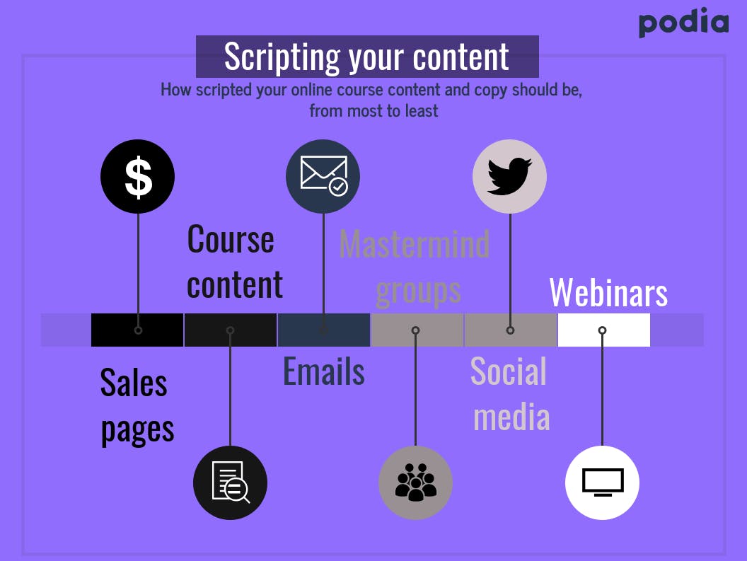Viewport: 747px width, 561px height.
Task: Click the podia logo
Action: tap(683, 23)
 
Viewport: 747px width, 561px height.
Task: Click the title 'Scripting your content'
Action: tap(367, 57)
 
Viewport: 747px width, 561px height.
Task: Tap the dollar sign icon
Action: tap(138, 177)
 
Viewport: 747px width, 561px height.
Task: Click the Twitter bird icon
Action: tap(509, 176)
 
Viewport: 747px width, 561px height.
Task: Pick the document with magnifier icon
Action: tap(231, 482)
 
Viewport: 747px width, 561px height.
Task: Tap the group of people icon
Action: tap(416, 482)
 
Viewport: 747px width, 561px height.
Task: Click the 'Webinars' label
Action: tap(608, 292)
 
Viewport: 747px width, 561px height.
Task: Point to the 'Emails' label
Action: tap(324, 371)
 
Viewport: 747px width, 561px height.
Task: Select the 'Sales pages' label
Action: tap(137, 406)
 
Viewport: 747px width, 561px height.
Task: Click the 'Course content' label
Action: tap(235, 262)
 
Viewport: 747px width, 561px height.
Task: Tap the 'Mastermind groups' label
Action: tap(415, 267)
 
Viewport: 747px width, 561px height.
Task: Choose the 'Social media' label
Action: tap(510, 394)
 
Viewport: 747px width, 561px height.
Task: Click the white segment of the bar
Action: tap(603, 330)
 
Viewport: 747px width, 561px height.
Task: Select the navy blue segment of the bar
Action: tap(324, 330)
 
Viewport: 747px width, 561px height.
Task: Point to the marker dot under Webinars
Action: tap(602, 330)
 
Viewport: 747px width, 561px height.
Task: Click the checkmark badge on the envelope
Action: tap(339, 187)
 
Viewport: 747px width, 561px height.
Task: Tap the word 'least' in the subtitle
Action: tap(421, 111)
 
